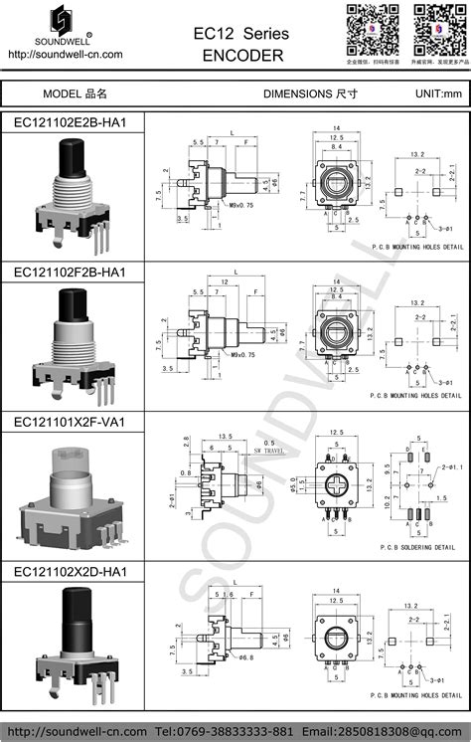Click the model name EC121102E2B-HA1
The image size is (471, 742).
point(72,121)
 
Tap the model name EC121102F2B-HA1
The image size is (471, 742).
point(72,271)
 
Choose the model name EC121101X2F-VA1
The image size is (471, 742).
point(72,421)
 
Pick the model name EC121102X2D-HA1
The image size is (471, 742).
point(72,571)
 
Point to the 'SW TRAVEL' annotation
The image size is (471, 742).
point(267,451)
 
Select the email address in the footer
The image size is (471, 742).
point(401,729)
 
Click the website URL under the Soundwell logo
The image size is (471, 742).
point(65,55)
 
